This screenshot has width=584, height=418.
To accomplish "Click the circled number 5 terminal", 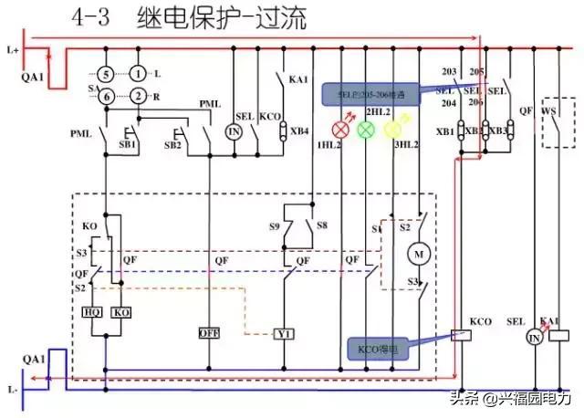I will click(x=106, y=73).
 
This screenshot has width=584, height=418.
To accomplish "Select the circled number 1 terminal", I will click(x=137, y=73).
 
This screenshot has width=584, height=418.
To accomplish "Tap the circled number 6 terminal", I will click(x=106, y=97).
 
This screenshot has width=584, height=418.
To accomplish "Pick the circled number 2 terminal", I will click(x=137, y=97).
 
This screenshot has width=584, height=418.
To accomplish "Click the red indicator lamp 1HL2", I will click(x=344, y=129).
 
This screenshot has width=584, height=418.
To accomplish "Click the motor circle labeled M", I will click(x=421, y=250).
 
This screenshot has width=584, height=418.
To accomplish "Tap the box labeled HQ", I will click(x=92, y=312).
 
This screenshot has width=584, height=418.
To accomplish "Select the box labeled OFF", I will click(x=210, y=332).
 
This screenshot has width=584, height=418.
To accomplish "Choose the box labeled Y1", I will click(x=283, y=334).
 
